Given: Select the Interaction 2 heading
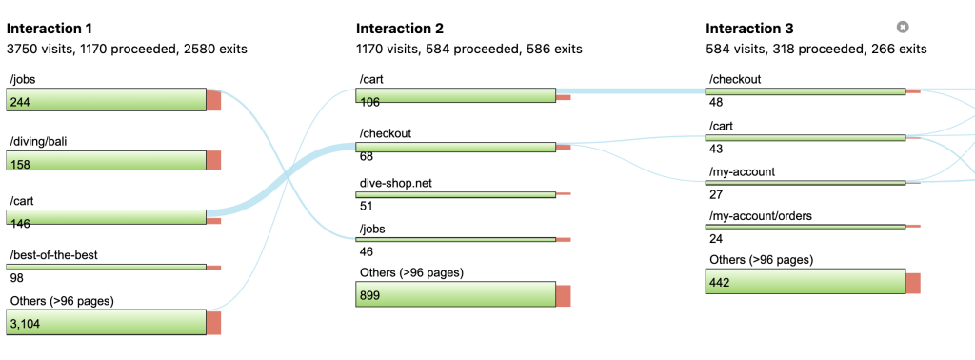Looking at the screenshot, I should pos(400,29).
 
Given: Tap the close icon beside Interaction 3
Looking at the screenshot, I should pos(903,28).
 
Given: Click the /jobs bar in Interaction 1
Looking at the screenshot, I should pos(106,99).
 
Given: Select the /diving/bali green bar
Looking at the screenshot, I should pos(106,160).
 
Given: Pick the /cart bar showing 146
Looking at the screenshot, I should pos(106,217).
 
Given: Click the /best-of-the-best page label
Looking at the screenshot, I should pos(53,255).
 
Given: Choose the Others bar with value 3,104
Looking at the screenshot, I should pos(106,322).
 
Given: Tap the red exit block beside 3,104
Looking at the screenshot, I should pos(213,322).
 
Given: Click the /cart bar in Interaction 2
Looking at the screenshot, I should pos(455,94).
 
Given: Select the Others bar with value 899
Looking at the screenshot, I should pos(455,294).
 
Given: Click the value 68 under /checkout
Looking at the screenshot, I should pos(367,157).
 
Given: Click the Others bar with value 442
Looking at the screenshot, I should pos(805,282).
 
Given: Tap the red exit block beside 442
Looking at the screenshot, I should pos(913,283).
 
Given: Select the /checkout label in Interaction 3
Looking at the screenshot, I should pos(735,79).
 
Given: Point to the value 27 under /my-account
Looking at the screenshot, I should pos(716,193).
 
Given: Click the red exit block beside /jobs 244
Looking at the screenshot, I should pos(213,99).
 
